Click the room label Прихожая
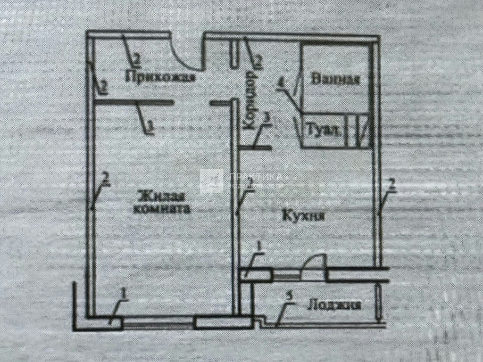pyautogui.click(x=160, y=76)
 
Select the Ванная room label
pyautogui.click(x=335, y=79)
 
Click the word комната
pyautogui.click(x=162, y=209)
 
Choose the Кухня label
pyautogui.click(x=304, y=216)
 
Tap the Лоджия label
pyautogui.click(x=334, y=305)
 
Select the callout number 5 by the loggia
pyautogui.click(x=291, y=296)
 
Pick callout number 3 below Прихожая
pyautogui.click(x=150, y=126)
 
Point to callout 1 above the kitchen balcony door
pyautogui.click(x=258, y=246)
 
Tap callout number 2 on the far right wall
pyautogui.click(x=391, y=185)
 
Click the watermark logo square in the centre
pyautogui.click(x=211, y=181)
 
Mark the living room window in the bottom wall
pyautogui.click(x=158, y=323)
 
